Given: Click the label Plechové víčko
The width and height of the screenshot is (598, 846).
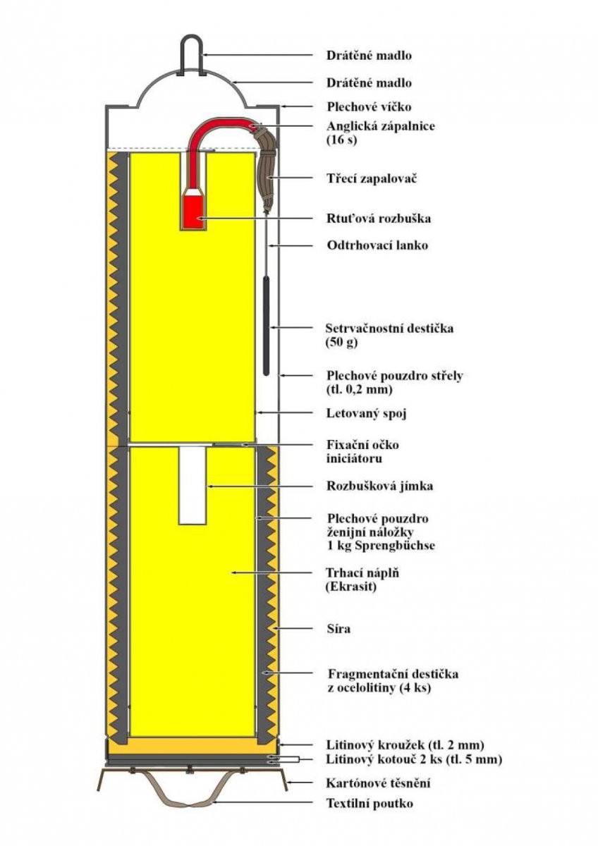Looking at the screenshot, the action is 368,107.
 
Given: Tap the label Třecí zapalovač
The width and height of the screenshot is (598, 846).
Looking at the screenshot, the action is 372,178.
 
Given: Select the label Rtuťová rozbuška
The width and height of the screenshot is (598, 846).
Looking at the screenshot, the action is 378,219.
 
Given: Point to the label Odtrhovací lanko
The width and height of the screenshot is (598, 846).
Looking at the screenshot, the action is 377,245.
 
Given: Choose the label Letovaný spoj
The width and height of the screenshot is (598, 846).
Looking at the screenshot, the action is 367,414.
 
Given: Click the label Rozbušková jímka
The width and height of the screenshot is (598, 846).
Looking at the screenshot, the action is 379,486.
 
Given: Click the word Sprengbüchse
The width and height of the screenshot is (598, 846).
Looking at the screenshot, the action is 391,546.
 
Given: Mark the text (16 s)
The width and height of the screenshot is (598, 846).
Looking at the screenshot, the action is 341,140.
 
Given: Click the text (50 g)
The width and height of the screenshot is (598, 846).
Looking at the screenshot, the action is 341,343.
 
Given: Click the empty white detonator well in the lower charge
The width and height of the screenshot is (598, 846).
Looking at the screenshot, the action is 193,485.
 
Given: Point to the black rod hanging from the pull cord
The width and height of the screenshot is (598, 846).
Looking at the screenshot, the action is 267,326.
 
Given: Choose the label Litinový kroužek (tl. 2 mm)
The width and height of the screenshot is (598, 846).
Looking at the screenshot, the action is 405,745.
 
